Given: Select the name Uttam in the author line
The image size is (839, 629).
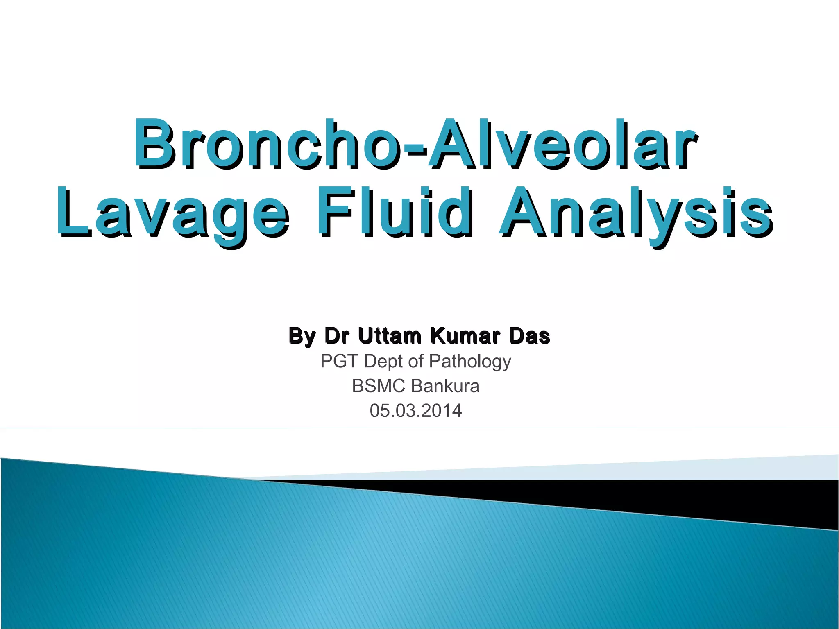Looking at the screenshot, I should point(390,336).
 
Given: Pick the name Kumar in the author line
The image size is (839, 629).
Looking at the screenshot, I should point(465,336).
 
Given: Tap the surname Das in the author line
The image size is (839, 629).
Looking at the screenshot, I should point(529,336).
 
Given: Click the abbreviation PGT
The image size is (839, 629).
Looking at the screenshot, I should point(340,361).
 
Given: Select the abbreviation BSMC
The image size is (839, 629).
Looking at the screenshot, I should point(379,386).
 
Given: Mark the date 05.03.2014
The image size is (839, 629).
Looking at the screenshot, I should point(415,411).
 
